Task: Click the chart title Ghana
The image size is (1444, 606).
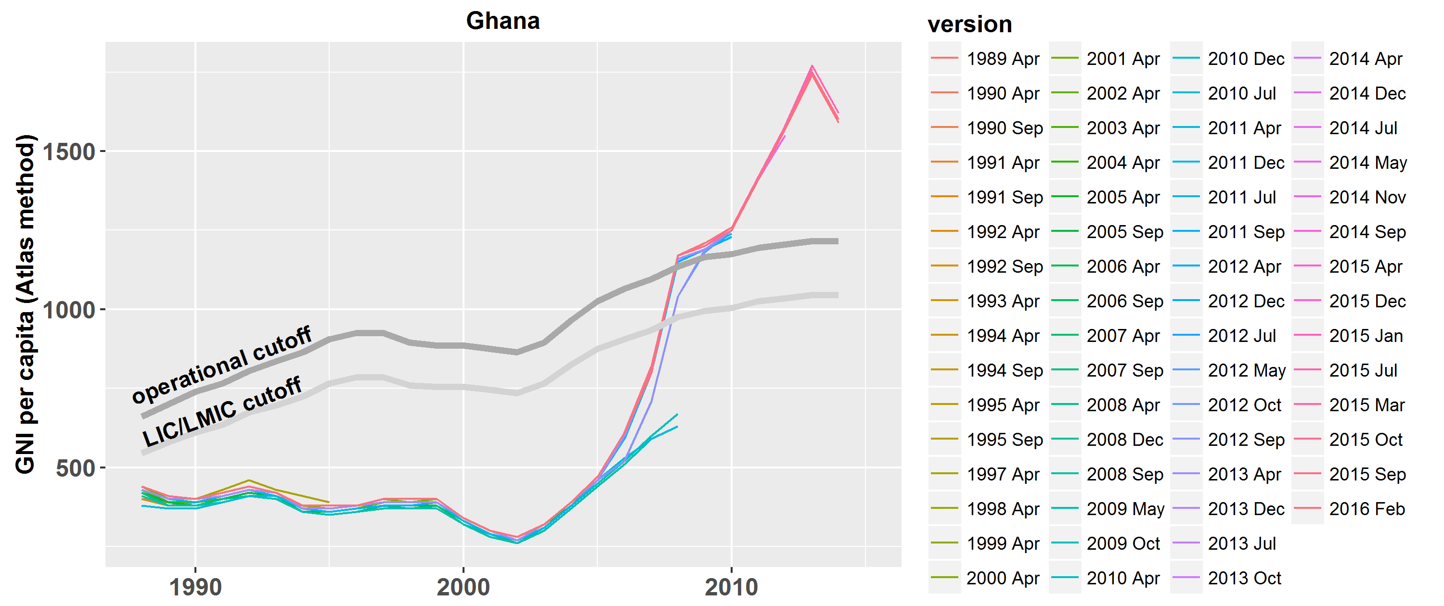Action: tap(503, 21)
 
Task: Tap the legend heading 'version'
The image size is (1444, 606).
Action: tap(970, 25)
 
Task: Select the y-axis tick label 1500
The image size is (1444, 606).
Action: tap(69, 152)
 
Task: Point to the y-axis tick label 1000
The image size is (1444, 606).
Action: tap(69, 310)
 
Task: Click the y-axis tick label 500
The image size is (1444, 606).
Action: tap(76, 468)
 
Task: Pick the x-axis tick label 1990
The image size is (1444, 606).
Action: tap(195, 587)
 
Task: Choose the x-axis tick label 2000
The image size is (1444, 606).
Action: tap(463, 587)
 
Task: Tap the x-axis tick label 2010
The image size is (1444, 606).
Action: tap(731, 587)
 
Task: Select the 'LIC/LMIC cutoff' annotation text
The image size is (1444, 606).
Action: tap(222, 412)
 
